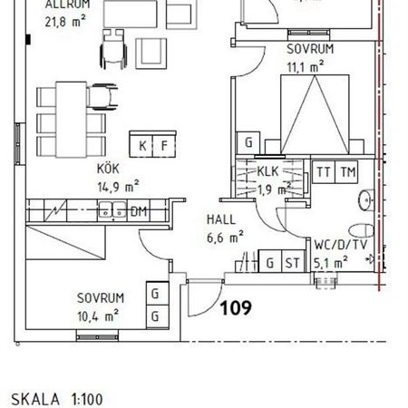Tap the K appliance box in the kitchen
(x=142, y=145)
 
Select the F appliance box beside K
(x=164, y=145)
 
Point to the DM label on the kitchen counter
(x=138, y=211)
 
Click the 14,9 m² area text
(x=118, y=188)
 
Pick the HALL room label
(x=221, y=219)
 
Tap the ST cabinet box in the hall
(x=292, y=263)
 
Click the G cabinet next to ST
(x=270, y=263)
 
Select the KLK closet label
(x=267, y=171)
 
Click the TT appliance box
(x=324, y=172)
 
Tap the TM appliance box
(x=347, y=172)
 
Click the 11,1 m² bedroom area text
(x=305, y=66)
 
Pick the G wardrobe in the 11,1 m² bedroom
(x=248, y=142)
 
